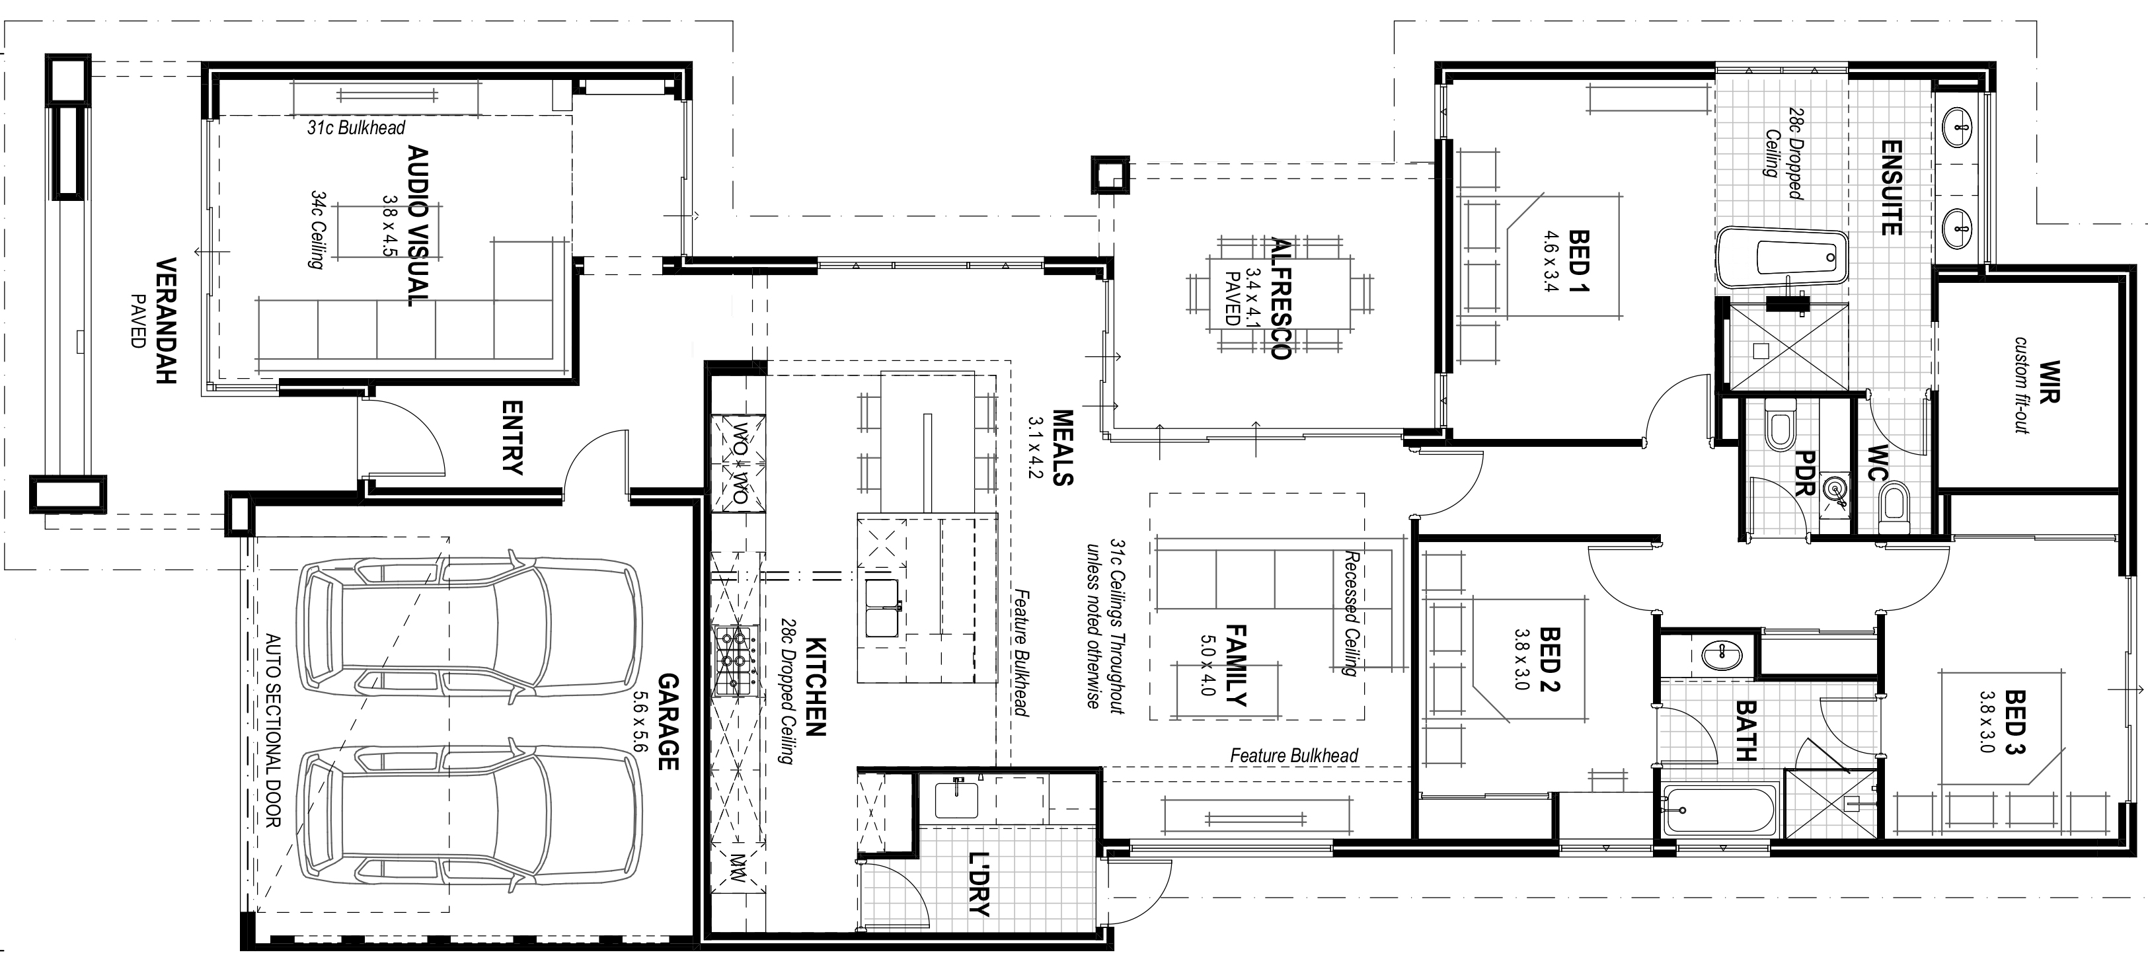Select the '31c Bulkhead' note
[356, 128]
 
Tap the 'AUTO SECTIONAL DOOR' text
[273, 730]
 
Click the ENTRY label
[512, 437]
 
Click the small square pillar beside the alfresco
[1110, 176]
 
